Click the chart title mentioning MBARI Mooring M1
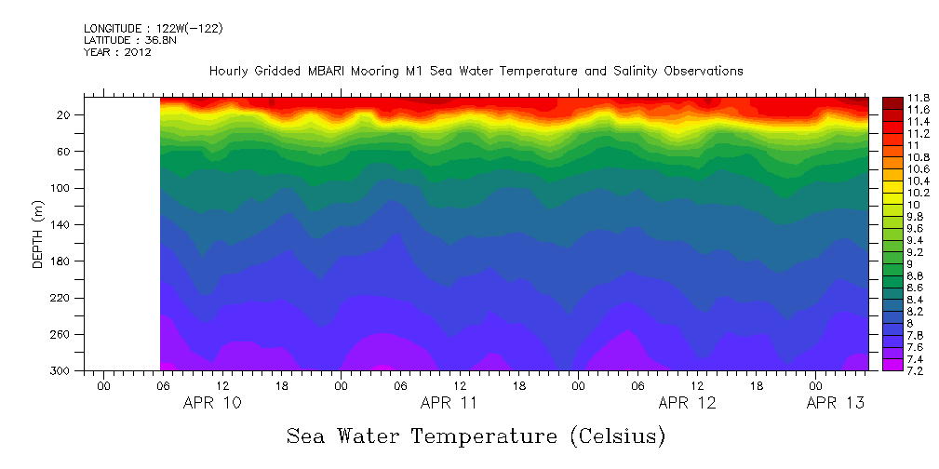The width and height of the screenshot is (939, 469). tap(476, 71)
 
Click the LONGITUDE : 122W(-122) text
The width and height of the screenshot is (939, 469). tap(153, 29)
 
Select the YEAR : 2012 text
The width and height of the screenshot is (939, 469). tap(117, 53)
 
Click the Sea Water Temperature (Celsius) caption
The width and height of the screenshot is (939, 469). tap(476, 435)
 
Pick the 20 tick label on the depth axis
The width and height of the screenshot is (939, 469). tap(67, 115)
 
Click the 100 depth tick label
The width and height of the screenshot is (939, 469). tap(64, 188)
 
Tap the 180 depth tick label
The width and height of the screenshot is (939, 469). tap(64, 261)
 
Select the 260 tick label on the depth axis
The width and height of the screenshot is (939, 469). tap(64, 334)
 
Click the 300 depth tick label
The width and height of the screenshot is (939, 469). tap(64, 370)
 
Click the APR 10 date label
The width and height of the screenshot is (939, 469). tap(212, 403)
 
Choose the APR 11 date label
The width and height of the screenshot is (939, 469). tap(449, 403)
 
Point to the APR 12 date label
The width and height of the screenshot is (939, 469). tap(687, 403)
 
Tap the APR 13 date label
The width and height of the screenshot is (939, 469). tap(835, 403)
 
